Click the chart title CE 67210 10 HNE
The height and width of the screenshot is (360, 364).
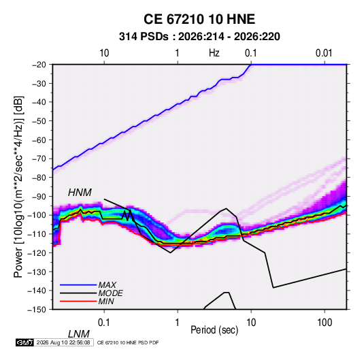coord(199,19)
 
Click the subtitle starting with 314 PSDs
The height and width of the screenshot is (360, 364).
coord(199,37)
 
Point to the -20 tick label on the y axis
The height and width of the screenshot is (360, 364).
coord(39,65)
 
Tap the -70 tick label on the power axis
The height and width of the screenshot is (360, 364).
coord(39,159)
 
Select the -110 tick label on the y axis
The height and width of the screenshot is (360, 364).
coord(37,234)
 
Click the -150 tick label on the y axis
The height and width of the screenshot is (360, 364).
coord(37,310)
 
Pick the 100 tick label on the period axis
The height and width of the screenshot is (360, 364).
coord(325,323)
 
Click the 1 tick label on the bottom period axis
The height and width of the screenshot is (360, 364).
coord(178,323)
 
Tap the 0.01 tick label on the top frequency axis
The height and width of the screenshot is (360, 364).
coord(324,53)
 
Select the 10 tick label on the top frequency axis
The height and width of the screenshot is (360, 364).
coord(104,53)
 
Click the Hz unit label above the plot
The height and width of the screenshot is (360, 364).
coord(214,53)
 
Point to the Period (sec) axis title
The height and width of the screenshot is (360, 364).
coord(214,330)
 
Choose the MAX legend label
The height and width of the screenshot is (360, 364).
coord(107,285)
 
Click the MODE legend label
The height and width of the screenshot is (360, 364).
coord(110,293)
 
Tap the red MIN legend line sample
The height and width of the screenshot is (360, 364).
coord(78,301)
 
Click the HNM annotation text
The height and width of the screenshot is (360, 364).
coord(80,193)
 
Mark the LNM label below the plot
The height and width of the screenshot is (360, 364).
coord(79,334)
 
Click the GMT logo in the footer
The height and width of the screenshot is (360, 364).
coord(24,342)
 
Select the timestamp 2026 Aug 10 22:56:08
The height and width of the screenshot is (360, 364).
coord(63,342)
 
